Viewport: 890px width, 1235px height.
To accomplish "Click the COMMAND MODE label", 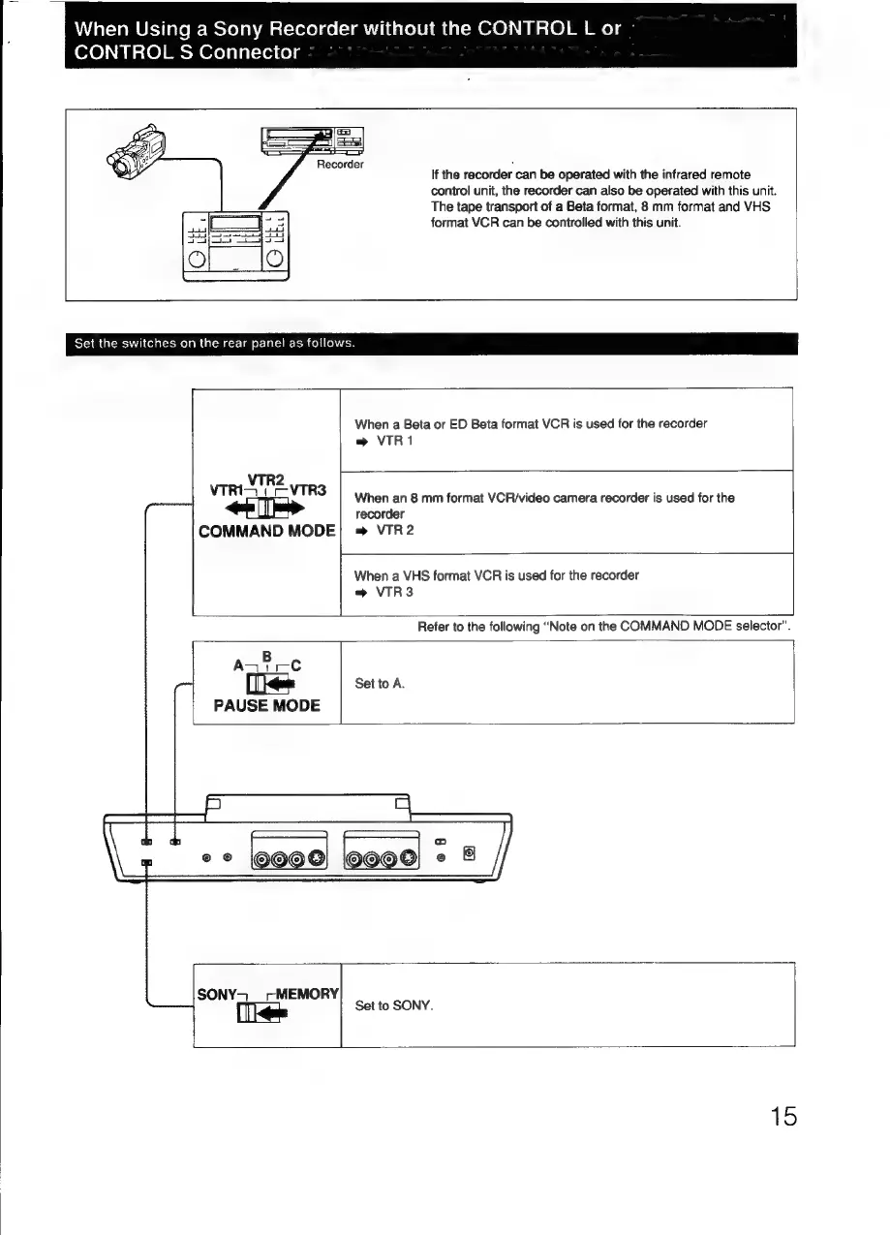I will pos(266,531).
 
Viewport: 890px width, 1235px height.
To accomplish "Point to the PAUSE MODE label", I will pos(267,705).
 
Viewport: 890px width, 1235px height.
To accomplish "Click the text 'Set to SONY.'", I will pos(393,1005).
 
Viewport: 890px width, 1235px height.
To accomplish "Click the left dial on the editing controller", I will pos(199,259).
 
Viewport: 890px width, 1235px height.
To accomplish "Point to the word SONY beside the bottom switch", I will pos(217,994).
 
